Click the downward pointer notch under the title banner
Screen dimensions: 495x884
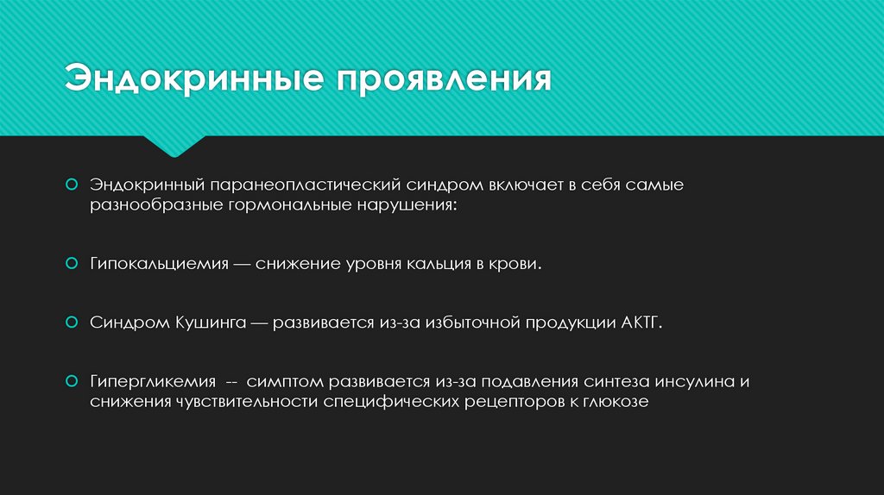pos(174,147)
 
